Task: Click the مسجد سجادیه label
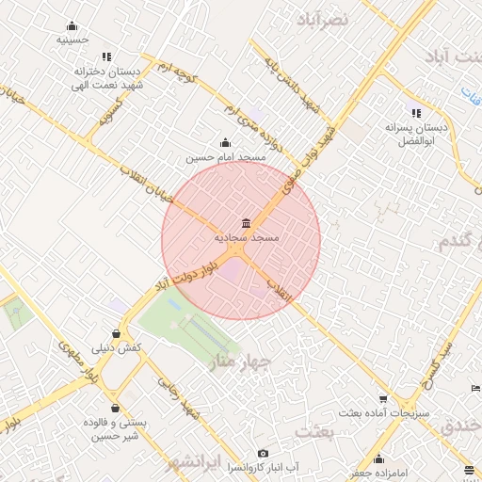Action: (x=246, y=238)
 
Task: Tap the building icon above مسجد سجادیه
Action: (x=246, y=223)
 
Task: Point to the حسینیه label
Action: (x=72, y=40)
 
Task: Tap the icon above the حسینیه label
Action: (x=72, y=26)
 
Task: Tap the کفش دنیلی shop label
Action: (x=117, y=347)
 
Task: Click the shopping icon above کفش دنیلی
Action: (x=117, y=333)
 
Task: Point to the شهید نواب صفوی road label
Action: (x=306, y=155)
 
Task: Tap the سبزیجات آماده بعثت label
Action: (x=383, y=413)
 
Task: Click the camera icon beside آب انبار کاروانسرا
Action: (x=262, y=453)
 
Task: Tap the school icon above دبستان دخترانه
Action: (x=105, y=56)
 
